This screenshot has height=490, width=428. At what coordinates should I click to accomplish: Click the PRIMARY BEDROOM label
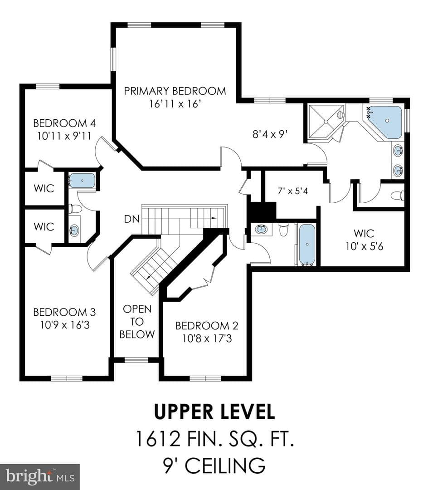point(175,91)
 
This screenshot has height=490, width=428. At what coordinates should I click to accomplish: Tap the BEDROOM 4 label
point(64,123)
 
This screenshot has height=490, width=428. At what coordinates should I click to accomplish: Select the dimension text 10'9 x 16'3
point(65,325)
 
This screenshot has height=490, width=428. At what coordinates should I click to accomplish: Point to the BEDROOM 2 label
point(207,326)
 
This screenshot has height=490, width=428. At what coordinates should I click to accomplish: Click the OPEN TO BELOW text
point(137,322)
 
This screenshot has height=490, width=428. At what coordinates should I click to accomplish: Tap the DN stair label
point(132,219)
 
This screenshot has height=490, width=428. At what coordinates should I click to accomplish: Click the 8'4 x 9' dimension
point(270,134)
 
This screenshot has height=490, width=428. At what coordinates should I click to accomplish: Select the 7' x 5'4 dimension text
point(293,191)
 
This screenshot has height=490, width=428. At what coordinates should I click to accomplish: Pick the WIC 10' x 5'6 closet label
point(364,240)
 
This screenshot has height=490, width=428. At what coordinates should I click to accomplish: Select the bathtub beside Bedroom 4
point(82,181)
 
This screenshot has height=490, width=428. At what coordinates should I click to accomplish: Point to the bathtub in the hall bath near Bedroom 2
point(307,245)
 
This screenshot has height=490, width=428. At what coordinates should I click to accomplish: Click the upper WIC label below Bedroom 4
point(44,188)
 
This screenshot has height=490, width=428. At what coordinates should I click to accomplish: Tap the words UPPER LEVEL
point(214,412)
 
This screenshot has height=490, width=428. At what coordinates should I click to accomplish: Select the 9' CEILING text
point(214,465)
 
